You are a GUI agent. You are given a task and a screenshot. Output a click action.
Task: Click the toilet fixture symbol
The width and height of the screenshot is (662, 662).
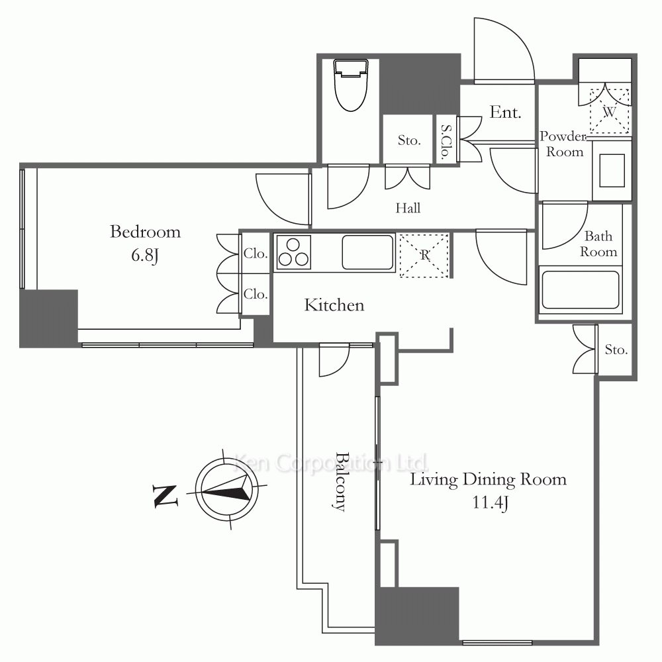click(351, 85)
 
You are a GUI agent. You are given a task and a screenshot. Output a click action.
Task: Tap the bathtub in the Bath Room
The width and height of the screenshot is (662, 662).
click(580, 290)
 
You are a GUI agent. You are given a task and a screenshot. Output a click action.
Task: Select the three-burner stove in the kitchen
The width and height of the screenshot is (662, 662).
click(293, 252)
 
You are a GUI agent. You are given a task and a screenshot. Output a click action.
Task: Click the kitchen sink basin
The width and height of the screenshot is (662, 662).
click(367, 252)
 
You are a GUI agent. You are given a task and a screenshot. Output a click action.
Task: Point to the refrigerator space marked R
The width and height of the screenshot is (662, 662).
click(424, 256)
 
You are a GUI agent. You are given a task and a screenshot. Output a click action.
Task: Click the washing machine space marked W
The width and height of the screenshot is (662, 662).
click(610, 111)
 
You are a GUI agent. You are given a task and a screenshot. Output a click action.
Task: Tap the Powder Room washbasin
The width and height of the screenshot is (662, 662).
click(612, 171)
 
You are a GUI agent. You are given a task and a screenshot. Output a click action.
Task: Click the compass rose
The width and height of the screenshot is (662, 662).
click(227, 490)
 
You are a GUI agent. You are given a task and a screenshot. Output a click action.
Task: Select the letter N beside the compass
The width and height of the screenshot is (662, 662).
click(165, 496)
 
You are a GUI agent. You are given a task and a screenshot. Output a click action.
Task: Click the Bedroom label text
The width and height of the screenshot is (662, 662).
click(145, 232)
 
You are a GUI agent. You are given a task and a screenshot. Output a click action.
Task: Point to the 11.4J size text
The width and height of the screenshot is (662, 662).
click(490, 503)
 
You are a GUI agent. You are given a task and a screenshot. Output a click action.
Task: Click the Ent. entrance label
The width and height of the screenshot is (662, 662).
click(505, 113)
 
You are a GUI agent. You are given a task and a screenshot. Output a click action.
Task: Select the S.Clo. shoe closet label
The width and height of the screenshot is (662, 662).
click(446, 142)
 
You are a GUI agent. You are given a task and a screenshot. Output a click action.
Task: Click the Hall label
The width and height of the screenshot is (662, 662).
click(408, 208)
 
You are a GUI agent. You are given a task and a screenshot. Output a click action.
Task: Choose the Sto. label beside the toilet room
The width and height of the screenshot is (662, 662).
click(409, 140)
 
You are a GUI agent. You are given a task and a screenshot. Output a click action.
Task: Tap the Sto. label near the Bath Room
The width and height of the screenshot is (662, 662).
click(616, 350)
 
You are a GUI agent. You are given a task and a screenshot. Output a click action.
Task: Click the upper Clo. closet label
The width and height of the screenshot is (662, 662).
click(256, 254)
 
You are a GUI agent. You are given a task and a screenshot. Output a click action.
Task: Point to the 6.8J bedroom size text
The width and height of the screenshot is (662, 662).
click(145, 256)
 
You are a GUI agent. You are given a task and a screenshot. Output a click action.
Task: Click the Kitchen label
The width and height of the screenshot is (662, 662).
click(334, 305)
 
